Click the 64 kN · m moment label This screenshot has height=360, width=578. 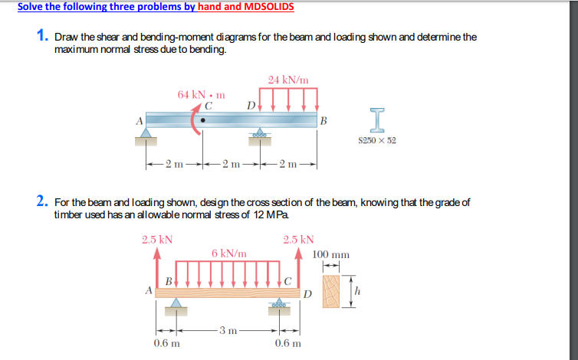tap(202, 95)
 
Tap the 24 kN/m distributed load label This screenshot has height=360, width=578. tap(288, 79)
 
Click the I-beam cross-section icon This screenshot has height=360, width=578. tap(376, 119)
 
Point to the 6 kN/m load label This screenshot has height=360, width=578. tap(228, 253)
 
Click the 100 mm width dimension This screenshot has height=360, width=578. tap(331, 254)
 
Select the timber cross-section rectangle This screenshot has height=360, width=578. tap(331, 291)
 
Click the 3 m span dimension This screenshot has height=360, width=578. tap(225, 331)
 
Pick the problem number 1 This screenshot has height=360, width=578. tap(43, 36)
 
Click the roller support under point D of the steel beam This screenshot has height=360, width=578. tap(261, 135)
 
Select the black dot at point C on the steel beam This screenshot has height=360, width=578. tap(202, 119)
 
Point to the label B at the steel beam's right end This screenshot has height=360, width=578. tap(323, 120)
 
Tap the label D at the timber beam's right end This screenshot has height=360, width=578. tap(307, 293)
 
